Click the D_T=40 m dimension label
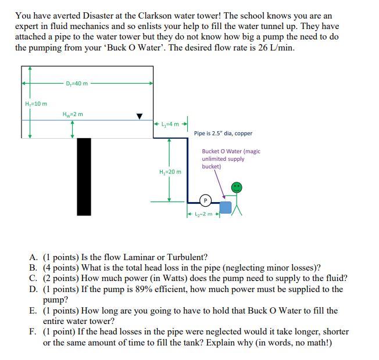[78, 83]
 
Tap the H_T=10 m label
[36, 104]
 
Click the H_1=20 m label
[170, 171]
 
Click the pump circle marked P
[205, 201]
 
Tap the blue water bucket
[226, 207]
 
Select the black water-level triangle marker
[139, 116]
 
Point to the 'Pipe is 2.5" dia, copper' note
[223, 134]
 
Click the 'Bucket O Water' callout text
[231, 159]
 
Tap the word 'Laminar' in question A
[135, 257]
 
